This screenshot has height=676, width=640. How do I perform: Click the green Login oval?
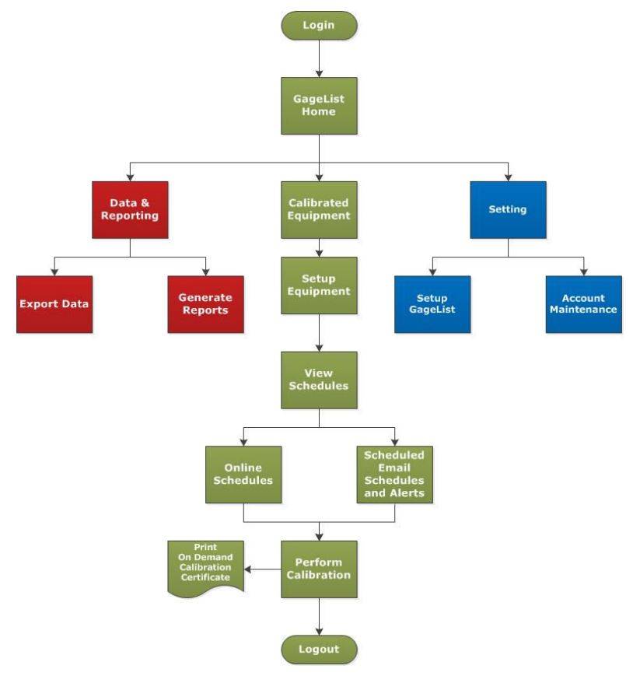coord(319,25)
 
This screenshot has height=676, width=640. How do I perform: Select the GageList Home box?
coord(319,105)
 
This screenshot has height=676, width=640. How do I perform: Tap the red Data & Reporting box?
coord(130,209)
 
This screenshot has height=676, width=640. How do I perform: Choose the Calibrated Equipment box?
coord(319,209)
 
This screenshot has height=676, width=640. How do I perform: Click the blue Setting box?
coord(508,209)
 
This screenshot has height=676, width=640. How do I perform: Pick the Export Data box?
coord(54,303)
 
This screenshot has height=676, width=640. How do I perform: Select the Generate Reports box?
coord(205,303)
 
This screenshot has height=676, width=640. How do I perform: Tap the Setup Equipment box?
coord(319,285)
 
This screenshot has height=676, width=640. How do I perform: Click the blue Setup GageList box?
coord(432,303)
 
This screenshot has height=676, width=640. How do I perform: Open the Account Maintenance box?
coord(583,303)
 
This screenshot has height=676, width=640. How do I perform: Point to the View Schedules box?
coord(319,380)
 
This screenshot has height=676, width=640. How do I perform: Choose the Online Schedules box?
coord(243,474)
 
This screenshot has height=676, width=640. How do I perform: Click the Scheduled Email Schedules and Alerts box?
coord(394,474)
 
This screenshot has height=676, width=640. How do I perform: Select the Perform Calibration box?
coord(319,569)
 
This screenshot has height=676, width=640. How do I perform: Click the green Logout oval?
coord(319,649)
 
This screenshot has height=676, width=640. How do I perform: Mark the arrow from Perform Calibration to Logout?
coord(319,616)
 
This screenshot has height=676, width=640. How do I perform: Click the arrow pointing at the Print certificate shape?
coord(262,569)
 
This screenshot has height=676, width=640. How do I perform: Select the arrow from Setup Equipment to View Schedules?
coord(319,332)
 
